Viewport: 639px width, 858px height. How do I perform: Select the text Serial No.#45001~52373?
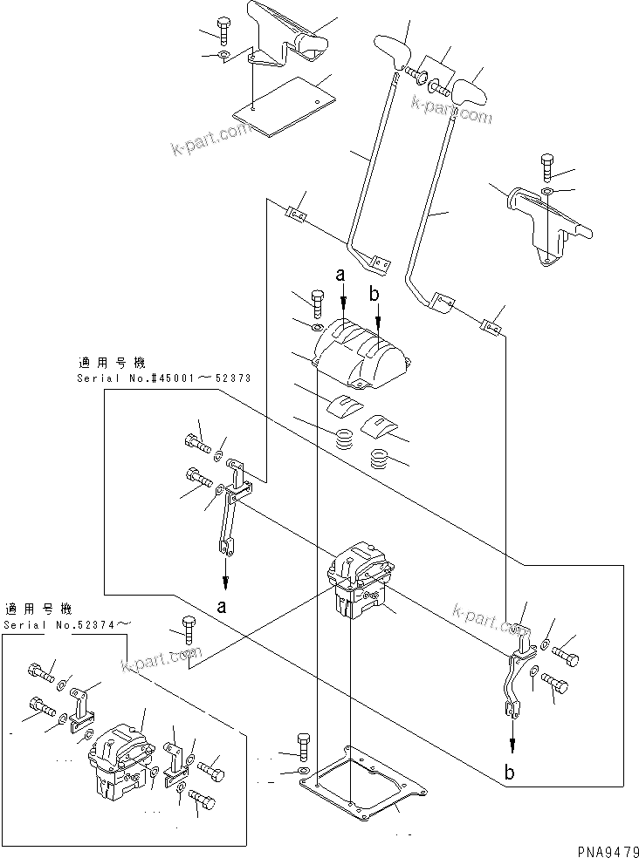(164, 378)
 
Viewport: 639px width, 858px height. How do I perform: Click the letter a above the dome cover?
(342, 275)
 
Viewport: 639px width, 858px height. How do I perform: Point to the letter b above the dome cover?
(374, 295)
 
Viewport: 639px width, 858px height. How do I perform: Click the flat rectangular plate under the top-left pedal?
(284, 108)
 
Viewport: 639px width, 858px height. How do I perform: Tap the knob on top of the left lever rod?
(394, 51)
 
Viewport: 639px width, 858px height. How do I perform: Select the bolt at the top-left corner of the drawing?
(224, 31)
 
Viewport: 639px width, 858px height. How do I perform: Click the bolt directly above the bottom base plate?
(302, 742)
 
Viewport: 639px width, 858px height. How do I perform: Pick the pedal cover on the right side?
(547, 225)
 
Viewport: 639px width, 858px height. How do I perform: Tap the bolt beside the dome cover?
(317, 303)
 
